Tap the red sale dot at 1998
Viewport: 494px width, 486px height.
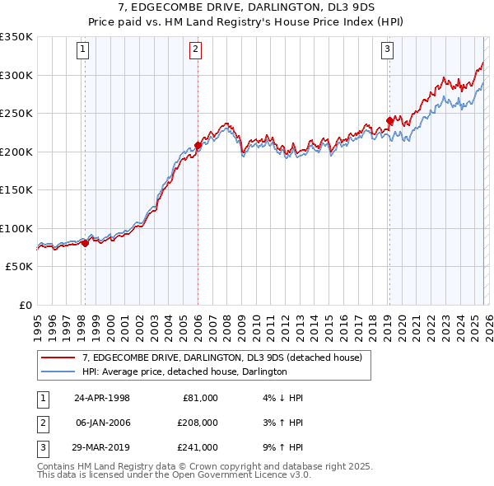(85, 243)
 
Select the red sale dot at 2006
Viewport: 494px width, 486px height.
(198, 146)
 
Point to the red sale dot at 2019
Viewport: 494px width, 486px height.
(389, 121)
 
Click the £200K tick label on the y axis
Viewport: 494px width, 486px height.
(16, 152)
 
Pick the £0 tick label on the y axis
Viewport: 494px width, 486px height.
(25, 305)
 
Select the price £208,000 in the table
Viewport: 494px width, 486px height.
(198, 423)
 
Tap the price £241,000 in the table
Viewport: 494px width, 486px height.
(198, 447)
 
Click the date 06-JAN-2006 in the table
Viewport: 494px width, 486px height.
(102, 423)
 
